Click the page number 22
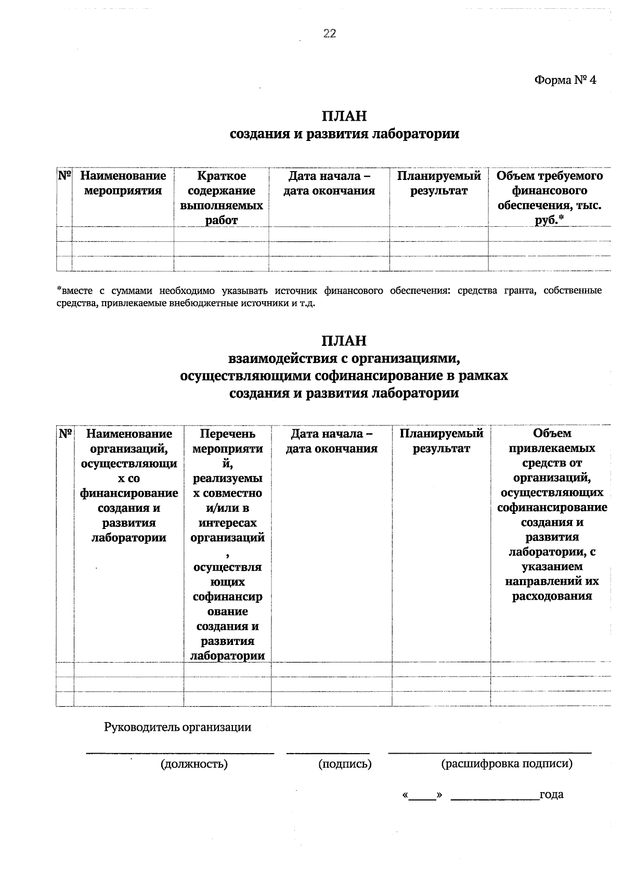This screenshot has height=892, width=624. [x=330, y=34]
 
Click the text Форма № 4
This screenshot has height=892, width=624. [x=565, y=81]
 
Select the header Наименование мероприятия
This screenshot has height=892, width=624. [x=123, y=183]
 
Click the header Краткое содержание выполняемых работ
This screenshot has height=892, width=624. [x=222, y=198]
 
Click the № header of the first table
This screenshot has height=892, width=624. [x=64, y=176]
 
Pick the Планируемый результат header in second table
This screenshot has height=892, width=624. [x=441, y=441]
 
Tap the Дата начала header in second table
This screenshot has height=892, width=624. [x=332, y=441]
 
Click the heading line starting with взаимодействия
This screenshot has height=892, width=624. [x=344, y=358]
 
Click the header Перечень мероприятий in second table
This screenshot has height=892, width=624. [x=227, y=543]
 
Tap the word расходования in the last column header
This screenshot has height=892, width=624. [x=552, y=596]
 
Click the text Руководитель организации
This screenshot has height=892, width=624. [x=177, y=727]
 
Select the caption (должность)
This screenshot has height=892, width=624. [x=194, y=764]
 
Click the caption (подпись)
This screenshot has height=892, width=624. [x=345, y=764]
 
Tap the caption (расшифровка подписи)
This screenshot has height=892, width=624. [x=506, y=764]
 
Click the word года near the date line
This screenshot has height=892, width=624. [x=551, y=795]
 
